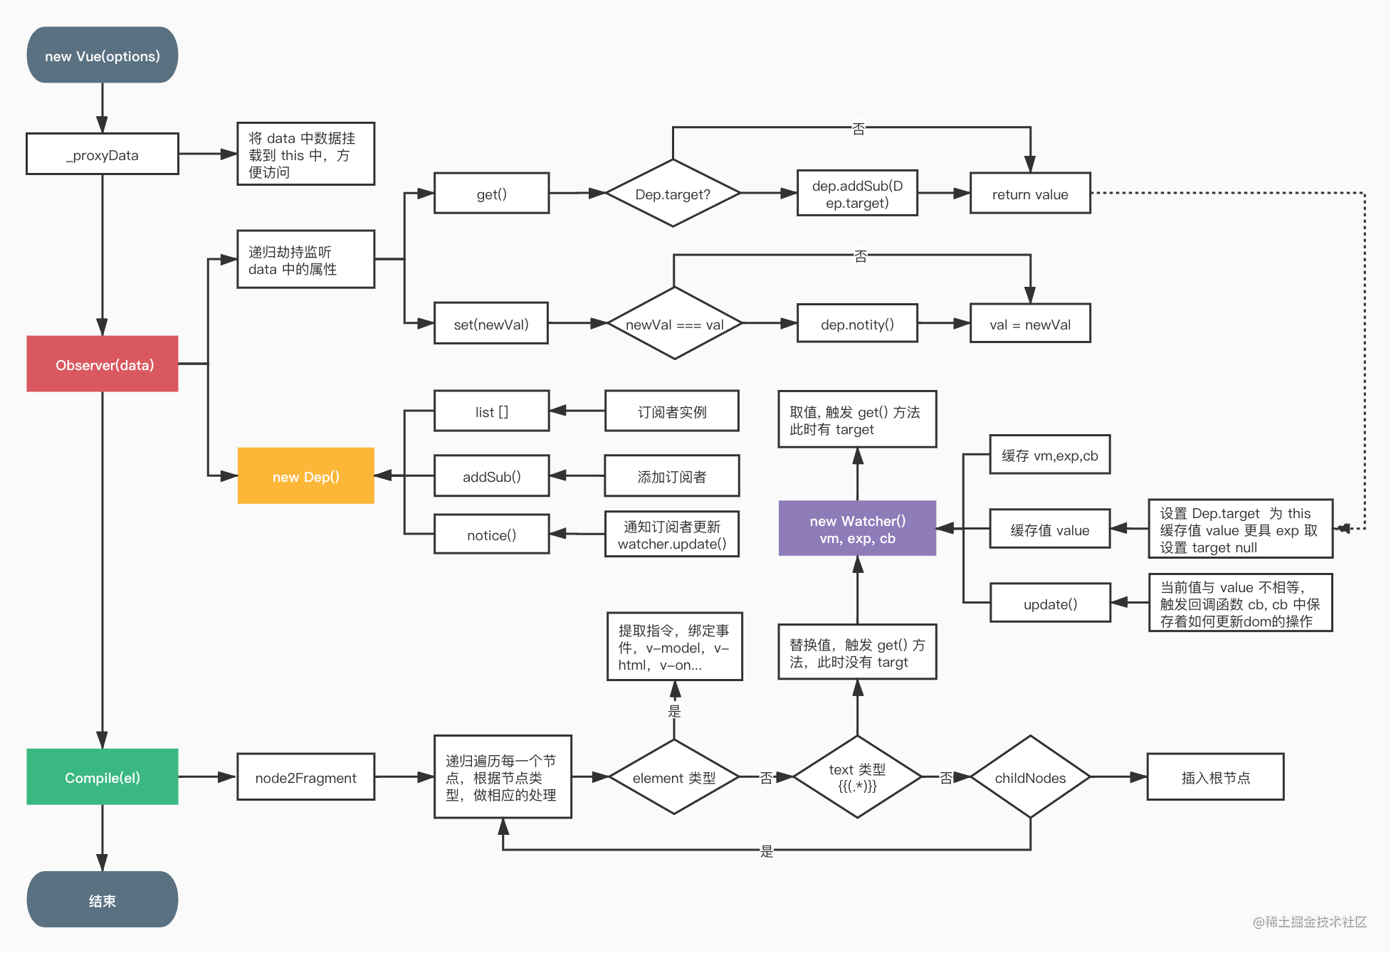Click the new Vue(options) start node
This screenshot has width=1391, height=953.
102,56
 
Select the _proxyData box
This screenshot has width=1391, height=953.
102,154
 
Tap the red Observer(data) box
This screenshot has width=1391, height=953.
102,364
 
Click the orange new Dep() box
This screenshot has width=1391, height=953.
305,476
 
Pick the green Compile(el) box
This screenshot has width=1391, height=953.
102,777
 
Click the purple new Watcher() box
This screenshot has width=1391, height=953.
857,529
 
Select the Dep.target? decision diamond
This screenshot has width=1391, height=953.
673,194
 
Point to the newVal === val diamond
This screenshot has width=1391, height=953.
674,324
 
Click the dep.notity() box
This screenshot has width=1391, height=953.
857,324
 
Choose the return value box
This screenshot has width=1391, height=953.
1030,194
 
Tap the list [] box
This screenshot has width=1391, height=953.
491,411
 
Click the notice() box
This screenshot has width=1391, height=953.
491,535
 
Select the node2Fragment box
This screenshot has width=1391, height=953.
305,777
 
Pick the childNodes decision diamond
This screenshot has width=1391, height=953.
1030,777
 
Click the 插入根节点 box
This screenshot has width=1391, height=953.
1215,777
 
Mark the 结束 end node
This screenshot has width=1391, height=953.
102,900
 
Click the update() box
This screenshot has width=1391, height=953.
1050,604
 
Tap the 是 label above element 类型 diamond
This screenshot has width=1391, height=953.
674,711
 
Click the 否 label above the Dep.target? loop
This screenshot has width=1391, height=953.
859,129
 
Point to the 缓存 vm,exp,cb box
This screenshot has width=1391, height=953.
1049,455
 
